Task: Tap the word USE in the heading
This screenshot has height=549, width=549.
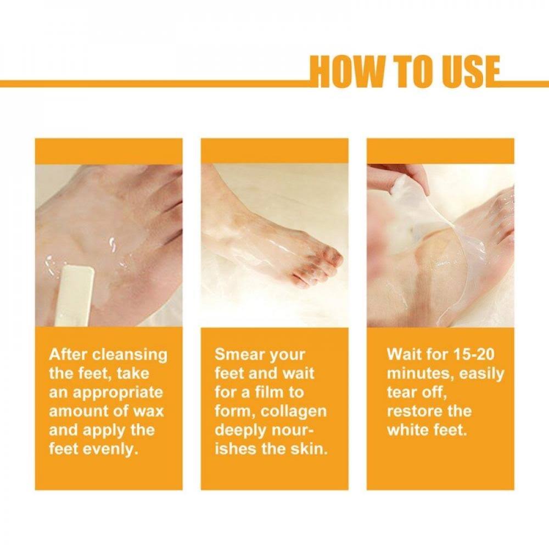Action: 470,72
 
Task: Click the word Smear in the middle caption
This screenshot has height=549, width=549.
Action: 238,355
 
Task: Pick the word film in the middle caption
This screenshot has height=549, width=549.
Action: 269,393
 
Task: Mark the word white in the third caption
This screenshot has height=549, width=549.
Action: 408,430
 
